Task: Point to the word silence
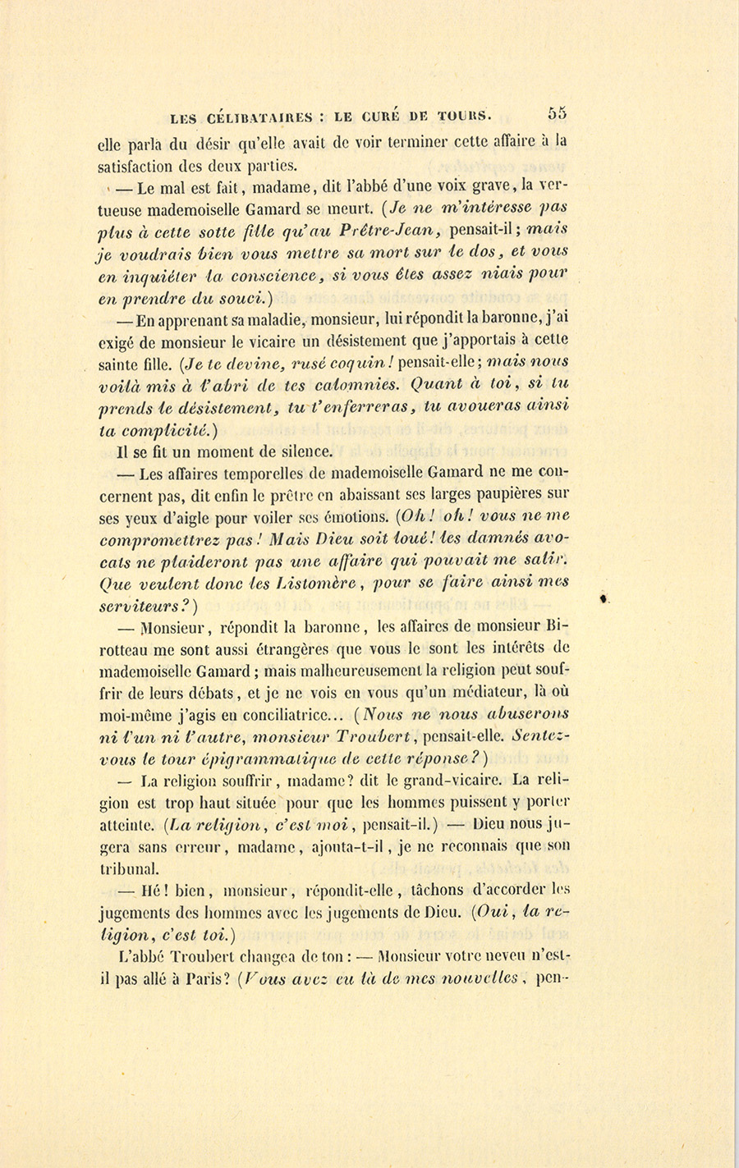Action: point(281,451)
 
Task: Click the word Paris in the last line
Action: point(194,978)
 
